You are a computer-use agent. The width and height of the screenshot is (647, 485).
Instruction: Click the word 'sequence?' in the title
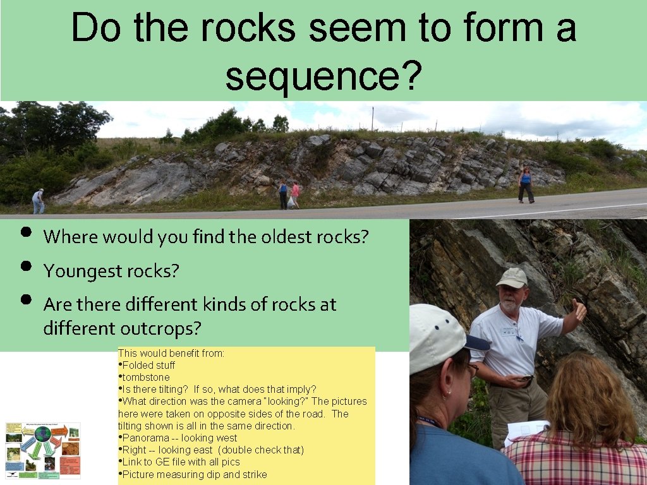pyautogui.click(x=323, y=77)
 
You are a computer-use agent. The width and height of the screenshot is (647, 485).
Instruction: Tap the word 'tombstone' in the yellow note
pyautogui.click(x=146, y=377)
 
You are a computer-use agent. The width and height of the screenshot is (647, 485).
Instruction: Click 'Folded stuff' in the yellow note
pyautogui.click(x=148, y=365)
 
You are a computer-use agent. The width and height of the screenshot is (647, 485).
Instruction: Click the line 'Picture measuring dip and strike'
pyautogui.click(x=194, y=474)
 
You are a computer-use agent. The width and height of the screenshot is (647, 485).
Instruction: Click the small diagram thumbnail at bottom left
pyautogui.click(x=43, y=450)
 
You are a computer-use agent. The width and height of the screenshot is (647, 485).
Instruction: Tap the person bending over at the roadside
pyautogui.click(x=39, y=201)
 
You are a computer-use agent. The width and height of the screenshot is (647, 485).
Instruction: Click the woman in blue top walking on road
pyautogui.click(x=525, y=184)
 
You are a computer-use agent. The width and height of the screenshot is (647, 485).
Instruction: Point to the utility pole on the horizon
pyautogui.click(x=373, y=118)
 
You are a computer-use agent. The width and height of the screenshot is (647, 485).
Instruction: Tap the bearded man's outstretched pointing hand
pyautogui.click(x=577, y=311)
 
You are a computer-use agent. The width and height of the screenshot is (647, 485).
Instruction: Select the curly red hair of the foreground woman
pyautogui.click(x=589, y=398)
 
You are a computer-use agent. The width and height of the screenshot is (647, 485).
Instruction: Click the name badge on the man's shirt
pyautogui.click(x=509, y=331)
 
